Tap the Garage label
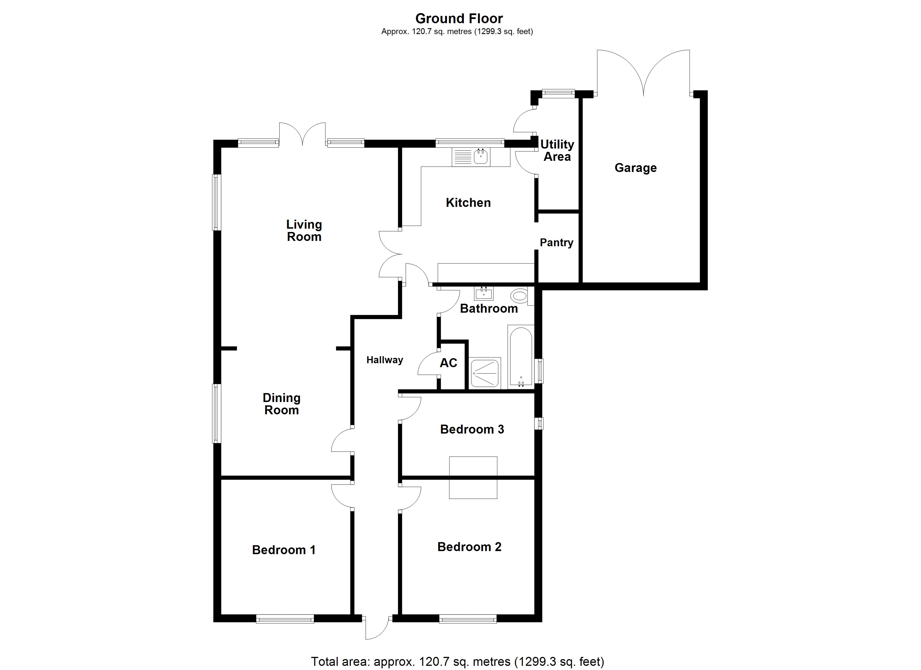click(x=635, y=168)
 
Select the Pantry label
click(x=556, y=243)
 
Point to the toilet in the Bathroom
click(x=519, y=295)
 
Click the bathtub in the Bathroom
click(x=520, y=357)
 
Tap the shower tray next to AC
click(x=485, y=373)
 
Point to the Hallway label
click(x=385, y=360)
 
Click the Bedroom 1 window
click(x=285, y=619)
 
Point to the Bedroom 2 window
click(x=468, y=619)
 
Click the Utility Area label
click(x=557, y=150)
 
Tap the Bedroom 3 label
click(x=472, y=429)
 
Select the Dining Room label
click(x=281, y=404)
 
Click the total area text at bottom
click(x=457, y=661)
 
